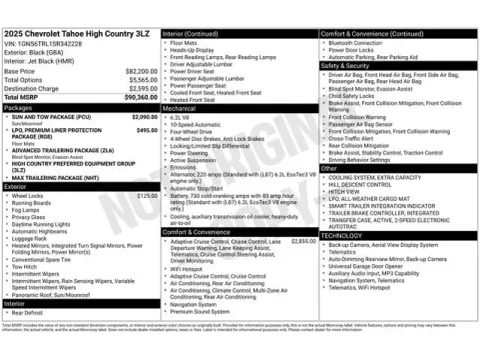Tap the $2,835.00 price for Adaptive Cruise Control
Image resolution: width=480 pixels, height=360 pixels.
pos(302,241)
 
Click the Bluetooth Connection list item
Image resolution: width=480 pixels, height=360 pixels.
pos(361,43)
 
